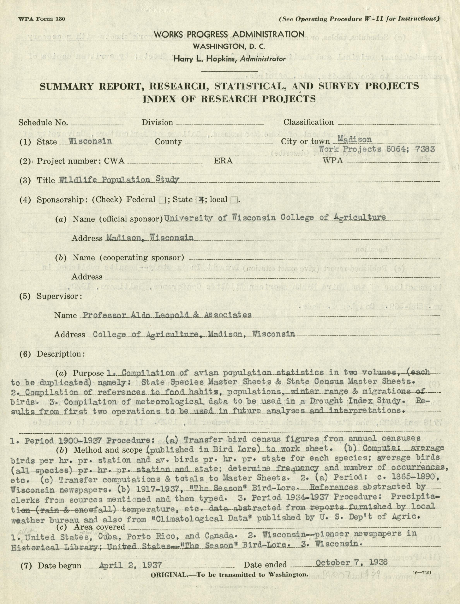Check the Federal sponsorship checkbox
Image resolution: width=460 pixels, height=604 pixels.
[162, 200]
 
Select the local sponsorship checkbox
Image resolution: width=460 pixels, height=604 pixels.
[234, 200]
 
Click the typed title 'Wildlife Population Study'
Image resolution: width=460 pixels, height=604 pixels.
[119, 180]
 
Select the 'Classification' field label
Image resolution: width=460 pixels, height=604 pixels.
[308, 122]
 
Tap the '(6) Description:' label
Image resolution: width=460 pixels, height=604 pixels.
[52, 354]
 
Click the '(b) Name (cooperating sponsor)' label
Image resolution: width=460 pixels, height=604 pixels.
[119, 257]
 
